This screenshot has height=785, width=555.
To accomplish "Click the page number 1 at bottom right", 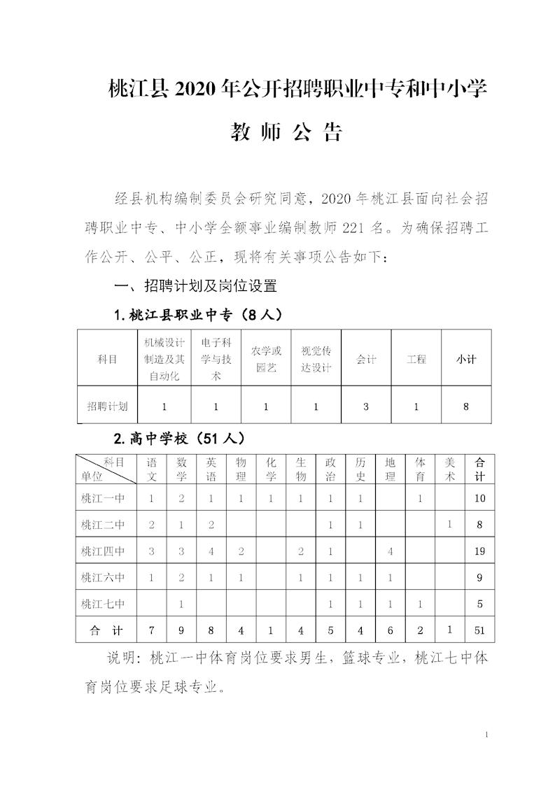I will (x=486, y=735).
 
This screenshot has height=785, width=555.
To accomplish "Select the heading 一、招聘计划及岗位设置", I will (x=196, y=285).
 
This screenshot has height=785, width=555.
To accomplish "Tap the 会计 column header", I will (x=366, y=360).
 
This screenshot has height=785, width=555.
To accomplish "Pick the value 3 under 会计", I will (x=366, y=406).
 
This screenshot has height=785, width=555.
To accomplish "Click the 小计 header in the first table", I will (x=466, y=360).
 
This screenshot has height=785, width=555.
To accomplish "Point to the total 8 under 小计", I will (x=466, y=406).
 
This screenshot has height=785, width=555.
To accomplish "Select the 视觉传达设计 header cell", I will (x=316, y=360).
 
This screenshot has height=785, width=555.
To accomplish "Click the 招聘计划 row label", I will (x=107, y=406).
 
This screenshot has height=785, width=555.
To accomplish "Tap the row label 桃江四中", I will (x=103, y=551).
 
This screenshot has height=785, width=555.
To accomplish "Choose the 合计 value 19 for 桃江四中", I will (x=479, y=551).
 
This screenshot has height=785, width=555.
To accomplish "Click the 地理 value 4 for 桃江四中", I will (x=390, y=551).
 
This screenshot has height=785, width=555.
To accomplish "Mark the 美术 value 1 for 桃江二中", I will (x=450, y=524).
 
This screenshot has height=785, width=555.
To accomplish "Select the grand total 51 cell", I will (x=479, y=630).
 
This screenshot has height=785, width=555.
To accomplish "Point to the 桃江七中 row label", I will (x=103, y=604).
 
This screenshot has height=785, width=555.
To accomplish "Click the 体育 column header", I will (x=420, y=469).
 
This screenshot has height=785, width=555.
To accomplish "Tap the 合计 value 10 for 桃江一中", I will (x=479, y=499).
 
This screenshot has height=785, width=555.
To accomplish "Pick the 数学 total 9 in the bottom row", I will (x=181, y=630).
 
